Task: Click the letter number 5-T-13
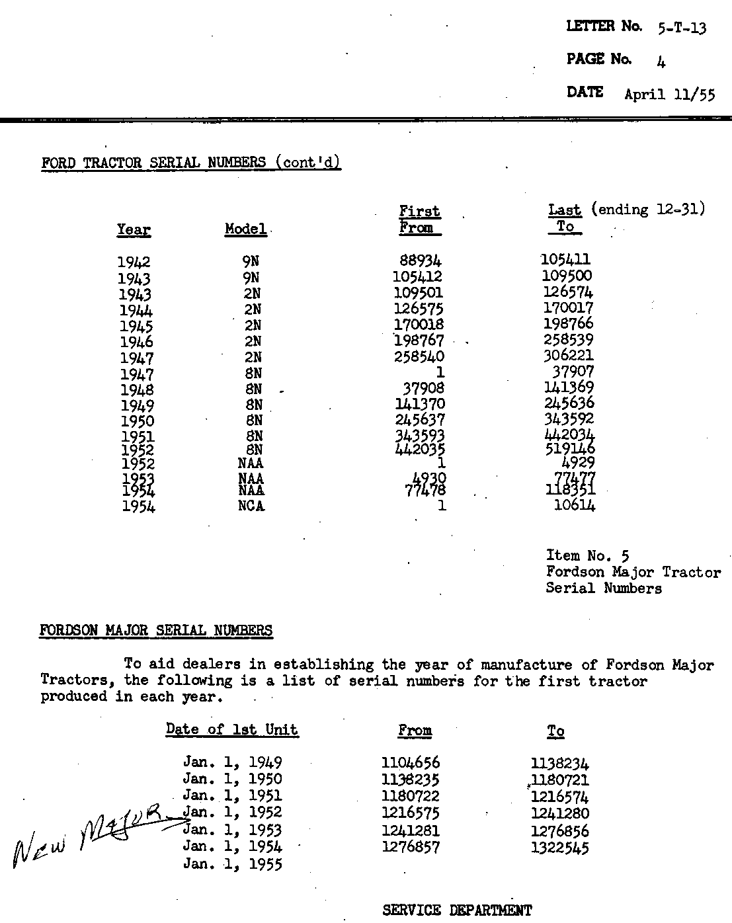[682, 28]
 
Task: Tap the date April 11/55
[669, 94]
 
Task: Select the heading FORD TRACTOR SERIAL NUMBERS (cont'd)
[190, 163]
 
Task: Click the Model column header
[245, 229]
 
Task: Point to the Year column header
[134, 230]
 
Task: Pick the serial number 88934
[421, 261]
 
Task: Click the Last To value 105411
[565, 259]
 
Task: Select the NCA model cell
[251, 506]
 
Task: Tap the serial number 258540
[419, 356]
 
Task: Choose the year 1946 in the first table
[136, 342]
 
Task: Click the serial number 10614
[574, 506]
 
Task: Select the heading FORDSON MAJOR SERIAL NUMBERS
[156, 630]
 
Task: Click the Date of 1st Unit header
[231, 730]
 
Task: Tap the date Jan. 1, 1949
[232, 762]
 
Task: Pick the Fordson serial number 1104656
[411, 762]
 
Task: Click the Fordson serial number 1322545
[559, 848]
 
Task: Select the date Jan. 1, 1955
[232, 864]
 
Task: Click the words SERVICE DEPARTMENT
[457, 910]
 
